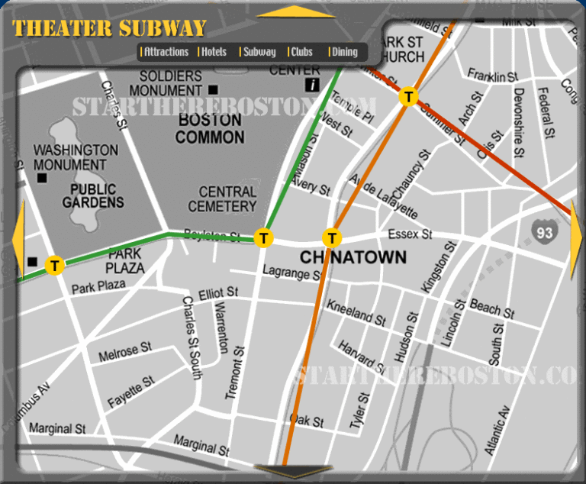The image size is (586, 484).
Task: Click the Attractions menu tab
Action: tap(166, 52)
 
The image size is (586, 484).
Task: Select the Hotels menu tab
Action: tap(214, 52)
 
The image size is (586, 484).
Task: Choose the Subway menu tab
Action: tap(259, 52)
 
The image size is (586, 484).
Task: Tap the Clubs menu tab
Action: tap(301, 52)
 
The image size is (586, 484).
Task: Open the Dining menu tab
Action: tap(344, 52)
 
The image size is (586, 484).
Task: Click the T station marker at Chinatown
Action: tap(333, 237)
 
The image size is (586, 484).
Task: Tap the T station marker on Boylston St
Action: tap(263, 238)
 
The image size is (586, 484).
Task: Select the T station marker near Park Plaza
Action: tap(54, 266)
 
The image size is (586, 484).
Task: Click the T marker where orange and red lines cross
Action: tap(409, 97)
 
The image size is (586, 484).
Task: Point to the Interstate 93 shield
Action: tap(544, 231)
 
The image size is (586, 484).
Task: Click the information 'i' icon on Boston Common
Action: tap(311, 85)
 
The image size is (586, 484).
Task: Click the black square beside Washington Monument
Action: tap(42, 178)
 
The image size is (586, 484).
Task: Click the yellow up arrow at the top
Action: tap(296, 11)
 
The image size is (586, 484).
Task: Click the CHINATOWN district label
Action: tap(353, 258)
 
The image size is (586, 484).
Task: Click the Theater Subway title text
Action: tap(110, 29)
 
